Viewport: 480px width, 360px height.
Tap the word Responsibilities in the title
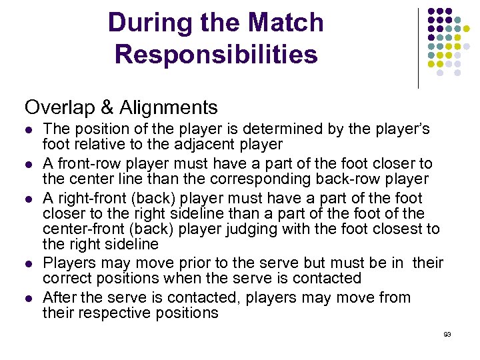[x=216, y=55]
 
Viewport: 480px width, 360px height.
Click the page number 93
[x=447, y=334]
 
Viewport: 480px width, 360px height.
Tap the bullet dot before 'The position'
[x=28, y=129]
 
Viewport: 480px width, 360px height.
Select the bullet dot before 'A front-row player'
[x=28, y=164]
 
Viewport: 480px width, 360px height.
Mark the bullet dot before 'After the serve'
[x=28, y=298]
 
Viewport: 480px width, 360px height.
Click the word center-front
[x=83, y=229]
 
